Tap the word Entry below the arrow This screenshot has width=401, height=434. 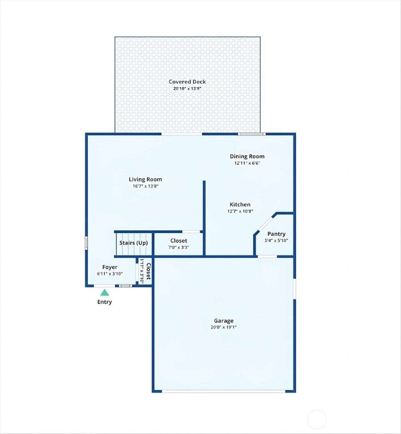tap(104, 302)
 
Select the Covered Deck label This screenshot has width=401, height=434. tap(187, 82)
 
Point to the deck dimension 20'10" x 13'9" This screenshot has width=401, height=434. tap(187, 89)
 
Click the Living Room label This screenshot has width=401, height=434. tap(145, 179)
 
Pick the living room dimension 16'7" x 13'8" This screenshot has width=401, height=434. tap(145, 186)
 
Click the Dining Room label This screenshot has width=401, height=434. tap(247, 156)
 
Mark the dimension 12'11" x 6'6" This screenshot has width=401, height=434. tap(247, 163)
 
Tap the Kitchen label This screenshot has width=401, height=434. tap(240, 204)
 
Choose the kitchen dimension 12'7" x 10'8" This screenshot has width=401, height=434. tap(240, 211)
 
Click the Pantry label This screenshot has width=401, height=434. tap(276, 234)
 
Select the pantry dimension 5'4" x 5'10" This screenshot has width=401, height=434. tap(276, 241)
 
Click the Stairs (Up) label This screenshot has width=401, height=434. tap(133, 243)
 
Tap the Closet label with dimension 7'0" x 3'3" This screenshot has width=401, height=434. tap(179, 241)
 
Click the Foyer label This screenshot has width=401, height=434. tap(110, 267)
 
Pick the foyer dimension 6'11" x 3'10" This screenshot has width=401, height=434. tap(110, 274)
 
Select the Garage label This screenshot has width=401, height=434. tap(223, 320)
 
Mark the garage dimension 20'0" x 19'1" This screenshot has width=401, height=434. tap(223, 327)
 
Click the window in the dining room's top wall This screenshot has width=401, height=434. tap(252, 134)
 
